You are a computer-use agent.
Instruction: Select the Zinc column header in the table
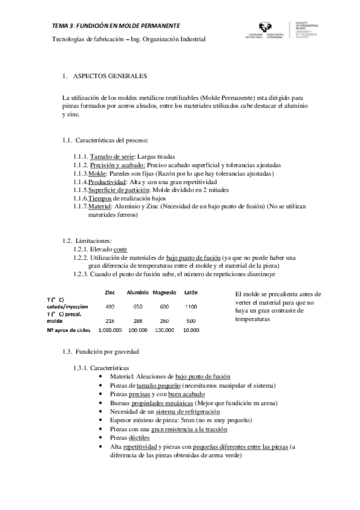point(110,292)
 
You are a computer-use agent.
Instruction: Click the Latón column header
point(191,292)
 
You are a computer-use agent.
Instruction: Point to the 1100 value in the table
point(191,307)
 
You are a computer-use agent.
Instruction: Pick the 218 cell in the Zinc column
point(110,321)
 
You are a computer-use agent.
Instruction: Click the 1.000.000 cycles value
point(109,330)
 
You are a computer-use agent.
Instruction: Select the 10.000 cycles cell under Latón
point(191,330)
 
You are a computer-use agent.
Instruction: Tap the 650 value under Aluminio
point(137,307)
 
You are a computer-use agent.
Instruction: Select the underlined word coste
point(120,249)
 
